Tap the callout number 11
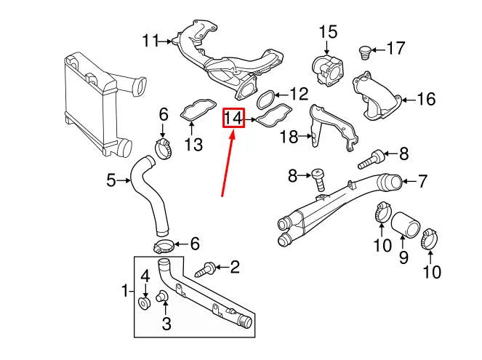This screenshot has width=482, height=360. point(150,41)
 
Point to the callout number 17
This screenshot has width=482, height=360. point(395,49)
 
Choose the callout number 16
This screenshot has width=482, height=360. point(427,98)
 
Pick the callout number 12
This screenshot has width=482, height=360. point(299,94)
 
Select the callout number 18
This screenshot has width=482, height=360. point(289,136)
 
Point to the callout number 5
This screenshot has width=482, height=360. point(111,180)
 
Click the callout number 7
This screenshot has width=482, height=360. point(422,180)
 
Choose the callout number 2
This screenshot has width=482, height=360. point(234,268)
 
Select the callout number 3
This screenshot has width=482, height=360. point(166,321)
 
